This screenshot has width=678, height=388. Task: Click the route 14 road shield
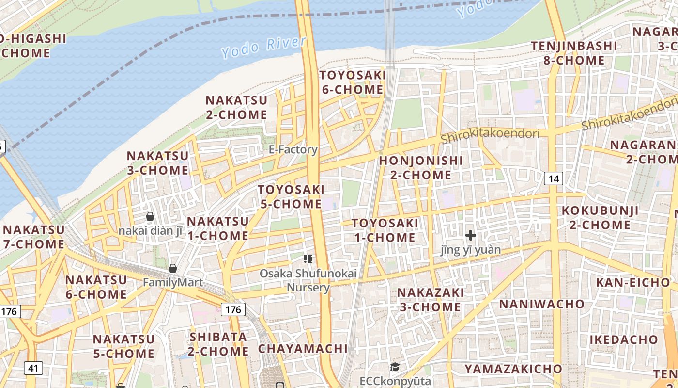point(554,178)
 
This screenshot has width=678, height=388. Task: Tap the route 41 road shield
point(33,368)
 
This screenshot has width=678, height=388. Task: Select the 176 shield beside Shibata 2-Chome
point(233,309)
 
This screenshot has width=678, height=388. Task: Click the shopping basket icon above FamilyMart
point(173,268)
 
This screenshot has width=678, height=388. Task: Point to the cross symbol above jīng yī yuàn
point(470,236)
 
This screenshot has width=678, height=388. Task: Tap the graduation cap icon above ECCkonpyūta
point(395,367)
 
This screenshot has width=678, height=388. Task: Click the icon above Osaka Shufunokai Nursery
point(308,259)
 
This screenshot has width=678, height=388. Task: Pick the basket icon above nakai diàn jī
point(150,216)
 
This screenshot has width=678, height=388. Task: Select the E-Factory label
point(293,149)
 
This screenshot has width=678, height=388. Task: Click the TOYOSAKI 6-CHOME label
point(352,82)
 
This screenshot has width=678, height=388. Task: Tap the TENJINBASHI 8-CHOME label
point(574,53)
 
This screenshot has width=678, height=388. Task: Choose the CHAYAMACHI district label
point(303,349)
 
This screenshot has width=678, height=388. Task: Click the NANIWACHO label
point(542,304)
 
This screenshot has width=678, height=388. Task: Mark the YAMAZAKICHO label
point(513,369)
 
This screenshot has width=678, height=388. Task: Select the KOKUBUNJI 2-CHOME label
point(600,218)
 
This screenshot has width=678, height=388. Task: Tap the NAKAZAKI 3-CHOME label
point(430,300)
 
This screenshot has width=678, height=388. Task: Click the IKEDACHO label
point(624,339)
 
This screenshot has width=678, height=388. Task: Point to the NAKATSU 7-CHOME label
point(33,237)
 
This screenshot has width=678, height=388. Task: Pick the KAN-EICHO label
point(632,283)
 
